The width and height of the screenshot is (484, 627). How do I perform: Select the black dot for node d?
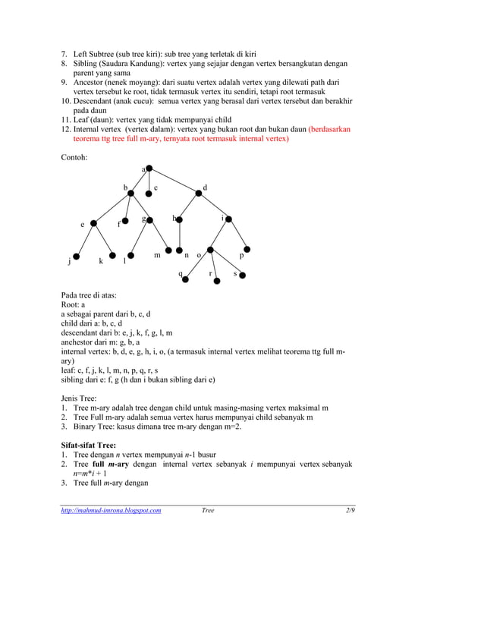(199, 193)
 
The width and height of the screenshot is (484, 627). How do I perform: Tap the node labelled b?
(131, 194)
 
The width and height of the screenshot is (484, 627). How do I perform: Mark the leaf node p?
(247, 250)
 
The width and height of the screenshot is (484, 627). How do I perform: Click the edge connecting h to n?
(179, 235)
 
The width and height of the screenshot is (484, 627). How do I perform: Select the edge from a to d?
(174, 181)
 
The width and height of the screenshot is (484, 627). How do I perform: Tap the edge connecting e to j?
(84, 240)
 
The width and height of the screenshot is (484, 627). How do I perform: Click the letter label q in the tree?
(180, 273)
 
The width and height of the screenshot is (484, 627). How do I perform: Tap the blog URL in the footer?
(111, 511)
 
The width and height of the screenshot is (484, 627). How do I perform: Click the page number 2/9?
(349, 511)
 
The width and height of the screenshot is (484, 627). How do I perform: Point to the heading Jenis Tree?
(81, 396)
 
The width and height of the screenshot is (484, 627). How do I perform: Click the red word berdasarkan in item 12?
(330, 129)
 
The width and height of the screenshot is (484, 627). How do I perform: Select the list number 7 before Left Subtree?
(64, 55)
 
